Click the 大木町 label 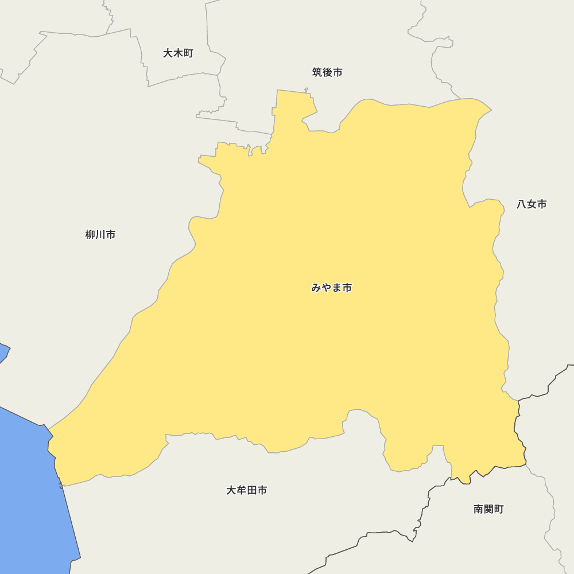pos(178,53)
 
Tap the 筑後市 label pos(327,72)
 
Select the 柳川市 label pos(100,234)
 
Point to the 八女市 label pos(532,204)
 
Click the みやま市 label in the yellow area pos(332,288)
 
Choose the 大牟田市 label pos(246,490)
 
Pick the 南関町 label pos(488,509)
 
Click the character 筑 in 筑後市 pos(317,72)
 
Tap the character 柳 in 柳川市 pos(90,234)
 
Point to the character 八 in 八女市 pos(521,204)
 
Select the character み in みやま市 pos(316,288)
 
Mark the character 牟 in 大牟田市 pos(241,490)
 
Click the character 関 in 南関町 pos(488,509)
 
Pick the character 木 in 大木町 pos(178,53)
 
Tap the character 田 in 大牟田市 pos(251,490)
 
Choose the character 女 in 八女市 pos(532,204)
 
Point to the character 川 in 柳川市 pos(100,234)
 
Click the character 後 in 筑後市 pos(327,72)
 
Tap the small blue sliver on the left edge pos(3,351)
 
